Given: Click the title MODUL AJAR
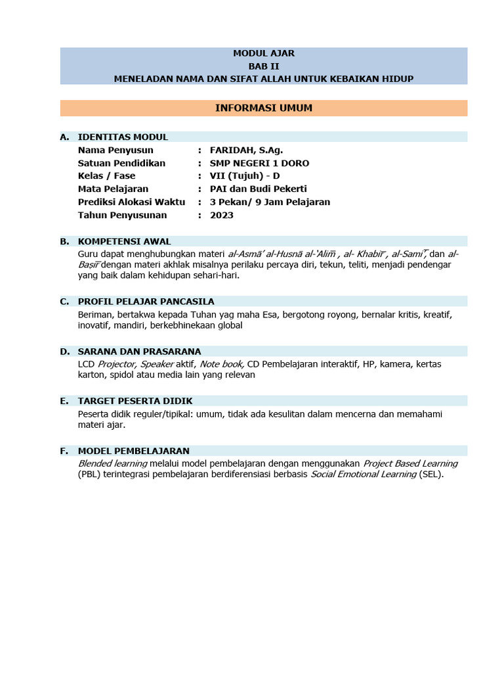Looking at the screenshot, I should (x=263, y=53).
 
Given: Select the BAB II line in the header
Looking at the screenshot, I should (x=263, y=66).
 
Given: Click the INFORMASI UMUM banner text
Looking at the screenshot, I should (x=263, y=108).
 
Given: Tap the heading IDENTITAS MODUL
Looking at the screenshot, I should (x=123, y=137).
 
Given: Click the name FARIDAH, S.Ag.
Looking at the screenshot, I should (x=246, y=150).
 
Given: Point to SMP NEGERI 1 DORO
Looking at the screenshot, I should (x=259, y=163).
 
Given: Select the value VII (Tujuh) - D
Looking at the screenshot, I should (x=245, y=175).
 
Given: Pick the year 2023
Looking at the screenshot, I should (x=222, y=215).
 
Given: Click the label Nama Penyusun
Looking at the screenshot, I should (x=115, y=150).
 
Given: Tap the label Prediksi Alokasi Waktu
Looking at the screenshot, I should (x=131, y=202).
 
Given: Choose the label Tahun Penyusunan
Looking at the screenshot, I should (x=122, y=215).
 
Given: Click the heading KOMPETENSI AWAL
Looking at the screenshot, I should (x=124, y=241).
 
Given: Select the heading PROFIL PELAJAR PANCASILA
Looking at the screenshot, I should (x=146, y=302).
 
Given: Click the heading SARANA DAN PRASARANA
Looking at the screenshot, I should (x=139, y=352).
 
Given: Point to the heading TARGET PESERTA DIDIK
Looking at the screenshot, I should (x=135, y=401).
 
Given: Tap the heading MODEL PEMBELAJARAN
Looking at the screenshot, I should (x=133, y=451).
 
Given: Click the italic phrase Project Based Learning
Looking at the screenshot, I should (x=410, y=463).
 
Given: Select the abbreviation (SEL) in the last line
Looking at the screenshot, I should (x=431, y=475).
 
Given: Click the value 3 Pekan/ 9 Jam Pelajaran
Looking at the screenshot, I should (x=270, y=202).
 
